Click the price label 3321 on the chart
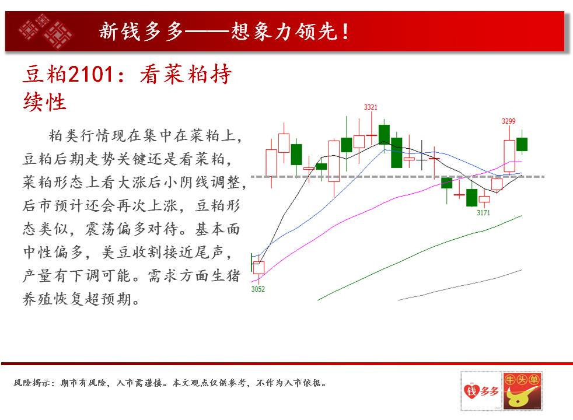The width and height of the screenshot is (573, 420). click(x=370, y=107)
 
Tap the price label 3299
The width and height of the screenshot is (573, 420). click(x=508, y=121)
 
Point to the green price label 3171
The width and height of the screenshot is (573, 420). click(x=483, y=212)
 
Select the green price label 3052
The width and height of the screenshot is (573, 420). click(x=258, y=289)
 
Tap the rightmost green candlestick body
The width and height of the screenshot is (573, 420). click(x=522, y=144)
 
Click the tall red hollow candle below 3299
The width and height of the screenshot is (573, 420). click(x=509, y=156)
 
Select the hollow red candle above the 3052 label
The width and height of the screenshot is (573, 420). click(x=258, y=268)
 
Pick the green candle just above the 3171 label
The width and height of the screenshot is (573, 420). click(x=472, y=198)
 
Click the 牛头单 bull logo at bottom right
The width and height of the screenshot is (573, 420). click(x=522, y=391)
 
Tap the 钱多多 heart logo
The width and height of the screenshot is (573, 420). click(x=481, y=391)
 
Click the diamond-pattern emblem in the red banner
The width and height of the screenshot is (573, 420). click(x=46, y=32)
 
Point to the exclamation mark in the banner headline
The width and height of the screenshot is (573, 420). click(x=345, y=32)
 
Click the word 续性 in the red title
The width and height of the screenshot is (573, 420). click(x=44, y=101)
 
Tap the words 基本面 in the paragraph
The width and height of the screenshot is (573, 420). click(x=218, y=229)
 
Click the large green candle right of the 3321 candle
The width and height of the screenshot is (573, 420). click(x=397, y=153)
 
